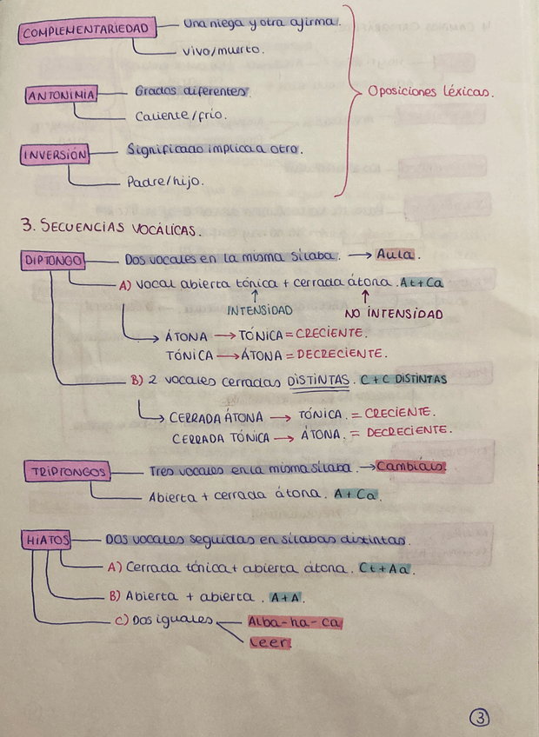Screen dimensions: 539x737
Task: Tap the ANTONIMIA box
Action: pos(62,95)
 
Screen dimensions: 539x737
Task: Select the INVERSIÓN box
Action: pos(54,155)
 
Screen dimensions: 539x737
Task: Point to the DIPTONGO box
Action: pos(53,260)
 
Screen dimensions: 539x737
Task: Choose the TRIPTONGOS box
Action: pos(69,472)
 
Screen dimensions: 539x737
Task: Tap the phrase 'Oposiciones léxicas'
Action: pos(430,90)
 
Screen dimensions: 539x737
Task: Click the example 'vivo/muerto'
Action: pos(223,51)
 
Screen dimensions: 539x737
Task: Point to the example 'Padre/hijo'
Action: pos(165,182)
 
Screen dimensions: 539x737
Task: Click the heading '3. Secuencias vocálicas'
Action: pos(110,228)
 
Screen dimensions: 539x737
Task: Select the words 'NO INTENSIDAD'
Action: pos(393,314)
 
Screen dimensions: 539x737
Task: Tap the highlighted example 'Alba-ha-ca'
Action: pos(296,622)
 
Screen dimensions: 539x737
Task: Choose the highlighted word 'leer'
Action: pos(269,643)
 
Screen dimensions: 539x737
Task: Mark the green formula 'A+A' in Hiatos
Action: pos(284,597)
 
